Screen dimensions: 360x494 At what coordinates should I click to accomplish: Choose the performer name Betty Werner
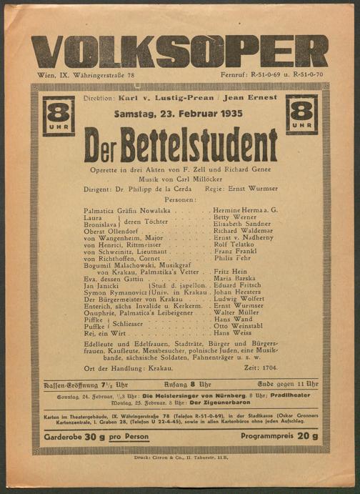click(234, 217)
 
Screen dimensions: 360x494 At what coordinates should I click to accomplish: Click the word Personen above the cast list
click(179, 201)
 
